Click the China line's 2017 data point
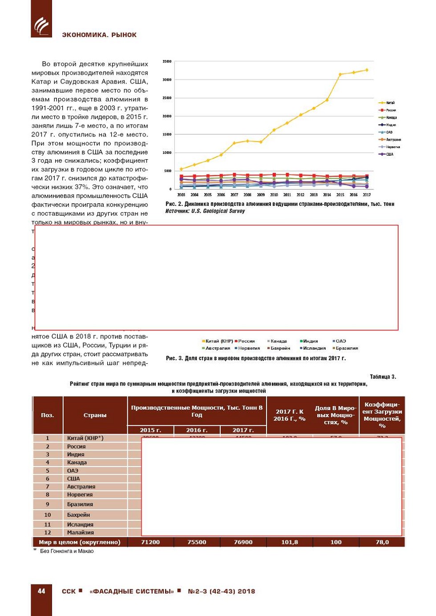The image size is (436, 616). [x=367, y=70]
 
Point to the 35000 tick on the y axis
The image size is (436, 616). [x=167, y=61]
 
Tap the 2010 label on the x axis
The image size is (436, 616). [x=274, y=195]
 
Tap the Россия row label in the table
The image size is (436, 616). [x=76, y=447]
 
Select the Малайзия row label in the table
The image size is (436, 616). [x=80, y=532]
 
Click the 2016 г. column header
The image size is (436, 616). [x=197, y=430]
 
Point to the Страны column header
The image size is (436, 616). [x=95, y=415]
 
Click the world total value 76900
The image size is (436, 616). [x=243, y=542]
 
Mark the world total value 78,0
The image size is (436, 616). [x=382, y=542]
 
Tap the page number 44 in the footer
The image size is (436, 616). [x=41, y=591]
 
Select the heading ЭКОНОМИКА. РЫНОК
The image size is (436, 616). [x=99, y=35]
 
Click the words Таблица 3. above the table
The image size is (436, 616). [x=383, y=377]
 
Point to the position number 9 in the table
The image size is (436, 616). [x=48, y=504]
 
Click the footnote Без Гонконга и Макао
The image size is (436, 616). [x=67, y=551]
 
